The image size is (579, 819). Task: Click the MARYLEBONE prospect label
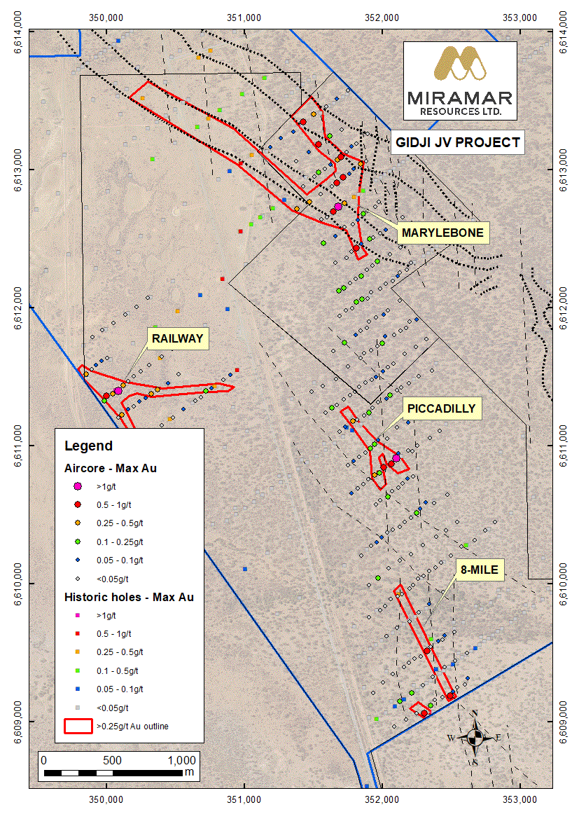(x=441, y=233)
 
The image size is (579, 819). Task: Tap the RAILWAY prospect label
(x=179, y=339)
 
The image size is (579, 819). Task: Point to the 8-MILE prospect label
(x=480, y=570)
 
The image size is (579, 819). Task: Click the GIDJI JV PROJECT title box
(x=457, y=143)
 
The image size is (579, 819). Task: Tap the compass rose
(x=475, y=737)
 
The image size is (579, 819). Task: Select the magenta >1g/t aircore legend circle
(x=78, y=486)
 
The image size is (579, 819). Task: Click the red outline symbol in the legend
(x=78, y=726)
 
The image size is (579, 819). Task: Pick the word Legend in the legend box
(x=88, y=446)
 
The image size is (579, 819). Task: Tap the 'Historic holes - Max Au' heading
(x=129, y=598)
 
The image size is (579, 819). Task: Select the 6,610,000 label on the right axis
(x=565, y=581)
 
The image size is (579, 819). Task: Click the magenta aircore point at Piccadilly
(x=396, y=458)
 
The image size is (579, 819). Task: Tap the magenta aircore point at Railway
(x=118, y=391)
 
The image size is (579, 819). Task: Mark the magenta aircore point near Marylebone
(x=338, y=207)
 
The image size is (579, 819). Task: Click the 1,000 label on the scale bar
(x=181, y=760)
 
